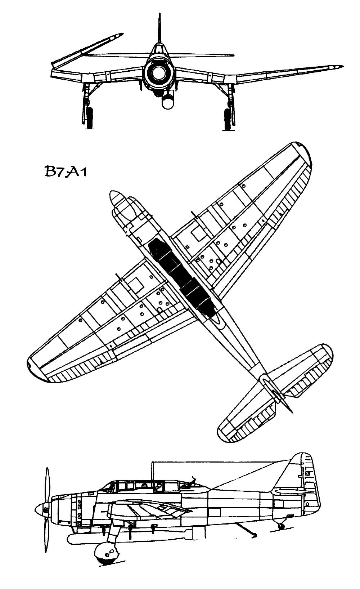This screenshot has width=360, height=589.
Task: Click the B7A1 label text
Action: pyautogui.click(x=66, y=171)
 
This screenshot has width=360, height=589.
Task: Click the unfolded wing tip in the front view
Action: pyautogui.click(x=338, y=67)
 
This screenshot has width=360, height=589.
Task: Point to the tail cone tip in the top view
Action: pyautogui.click(x=290, y=410)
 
